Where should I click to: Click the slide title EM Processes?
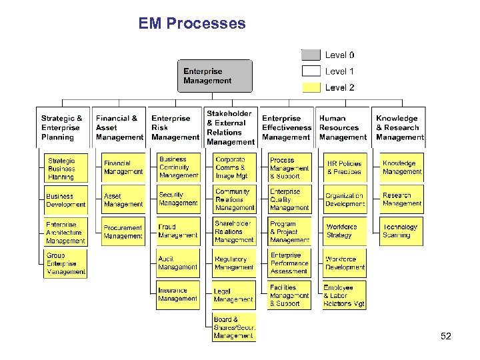[x=192, y=24]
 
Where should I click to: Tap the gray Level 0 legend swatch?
[x=311, y=55]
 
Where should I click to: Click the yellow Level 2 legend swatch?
[x=311, y=87]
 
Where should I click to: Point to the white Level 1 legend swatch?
[x=311, y=71]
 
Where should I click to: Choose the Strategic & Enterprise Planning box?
[x=63, y=127]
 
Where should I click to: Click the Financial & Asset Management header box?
[x=119, y=127]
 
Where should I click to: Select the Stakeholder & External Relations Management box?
[x=230, y=127]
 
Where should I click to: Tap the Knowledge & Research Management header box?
[x=399, y=127]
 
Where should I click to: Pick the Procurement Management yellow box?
[x=123, y=231]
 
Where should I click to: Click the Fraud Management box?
[x=178, y=231]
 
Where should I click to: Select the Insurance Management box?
[x=178, y=295]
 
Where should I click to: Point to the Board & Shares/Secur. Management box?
[x=234, y=328]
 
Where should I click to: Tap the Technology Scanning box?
[x=401, y=231]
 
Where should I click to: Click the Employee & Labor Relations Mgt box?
[x=345, y=295]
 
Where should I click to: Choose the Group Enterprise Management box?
[x=66, y=263]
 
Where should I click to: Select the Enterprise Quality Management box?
[x=289, y=199]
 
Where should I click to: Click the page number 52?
[x=446, y=337]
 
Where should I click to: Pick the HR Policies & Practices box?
[x=345, y=167]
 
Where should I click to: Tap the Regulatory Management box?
[x=234, y=263]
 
